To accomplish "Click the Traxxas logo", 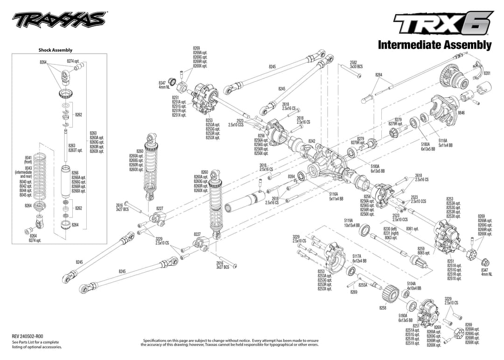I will pyautogui.click(x=59, y=19).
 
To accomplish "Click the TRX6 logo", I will pyautogui.click(x=442, y=23).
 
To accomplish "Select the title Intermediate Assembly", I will pyautogui.click(x=434, y=45).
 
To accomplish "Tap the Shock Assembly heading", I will pyautogui.click(x=55, y=50).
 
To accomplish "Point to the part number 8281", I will pyautogui.click(x=487, y=73).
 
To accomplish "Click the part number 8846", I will pyautogui.click(x=461, y=113).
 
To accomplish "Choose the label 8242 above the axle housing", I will pyautogui.click(x=312, y=141).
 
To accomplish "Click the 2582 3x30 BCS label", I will pyautogui.click(x=356, y=64).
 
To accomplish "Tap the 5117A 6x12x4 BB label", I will pyautogui.click(x=359, y=258).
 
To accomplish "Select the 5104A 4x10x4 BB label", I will pyautogui.click(x=413, y=286).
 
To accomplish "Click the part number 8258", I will pyautogui.click(x=383, y=308).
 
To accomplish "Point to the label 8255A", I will pyautogui.click(x=363, y=284).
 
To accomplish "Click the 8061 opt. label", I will pyautogui.click(x=412, y=229).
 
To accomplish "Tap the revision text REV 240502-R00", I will pyautogui.click(x=27, y=336).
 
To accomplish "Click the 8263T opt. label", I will pyautogui.click(x=75, y=150).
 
